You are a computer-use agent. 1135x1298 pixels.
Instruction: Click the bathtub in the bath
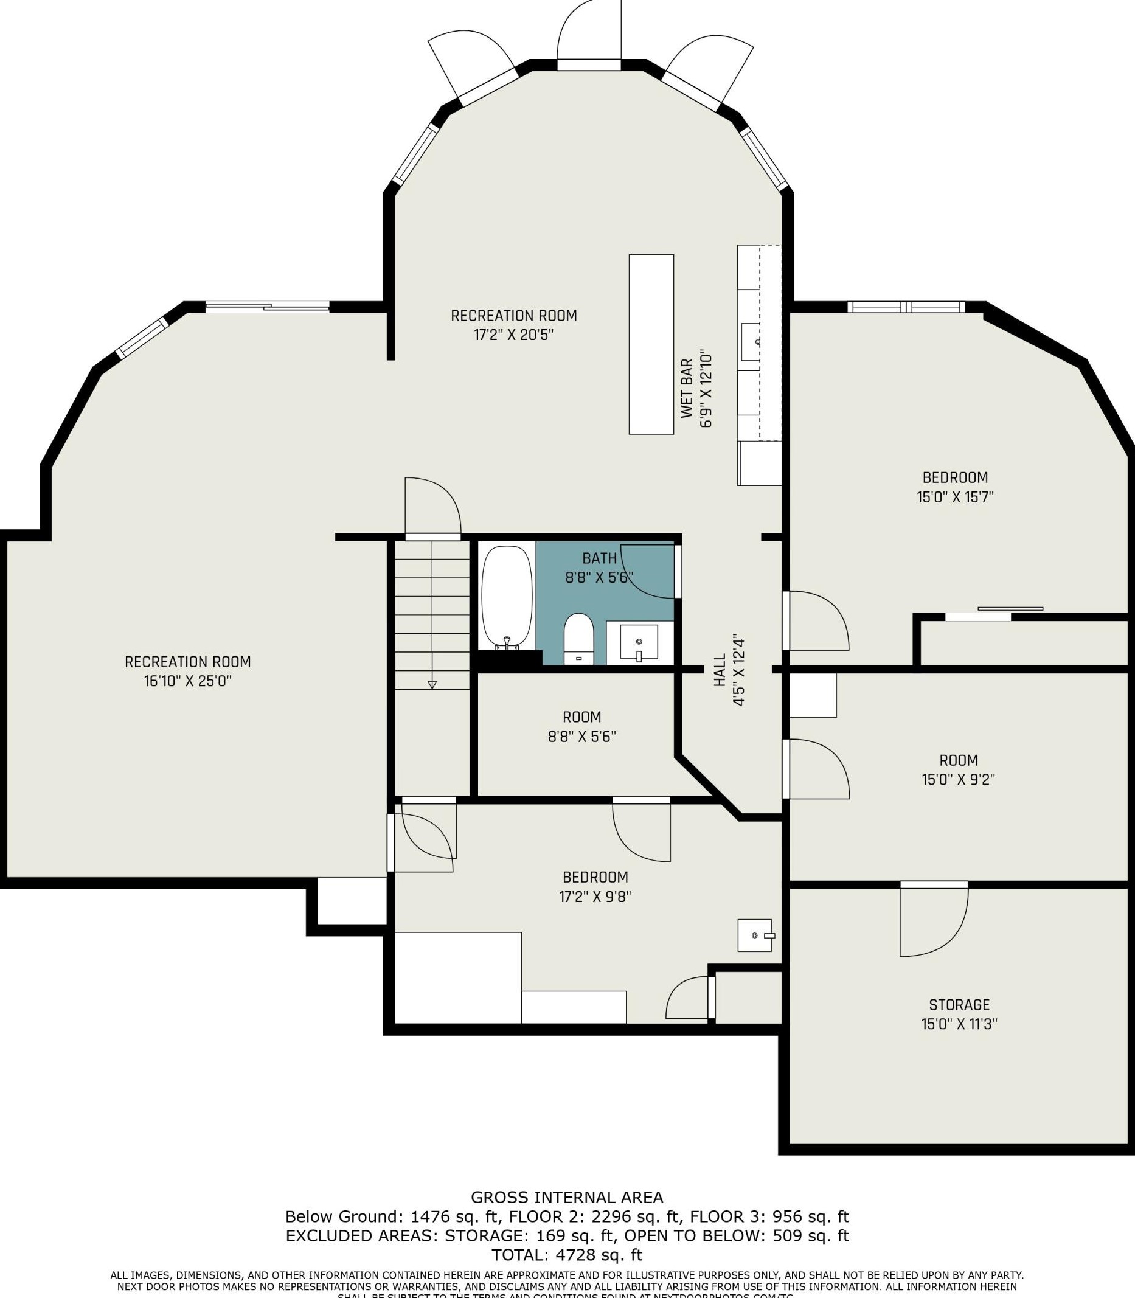507,595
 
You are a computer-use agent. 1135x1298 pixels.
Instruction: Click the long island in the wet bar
650,344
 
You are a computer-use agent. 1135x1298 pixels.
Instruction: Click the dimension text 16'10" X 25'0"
188,682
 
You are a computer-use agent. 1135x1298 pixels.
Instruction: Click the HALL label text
720,670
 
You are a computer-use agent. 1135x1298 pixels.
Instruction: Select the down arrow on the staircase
432,685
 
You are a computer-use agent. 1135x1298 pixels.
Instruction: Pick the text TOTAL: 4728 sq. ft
567,1255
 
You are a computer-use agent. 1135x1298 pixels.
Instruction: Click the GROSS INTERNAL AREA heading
567,1197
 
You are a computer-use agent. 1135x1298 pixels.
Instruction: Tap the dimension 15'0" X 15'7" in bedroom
955,498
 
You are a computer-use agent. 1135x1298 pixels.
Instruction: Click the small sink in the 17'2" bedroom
755,935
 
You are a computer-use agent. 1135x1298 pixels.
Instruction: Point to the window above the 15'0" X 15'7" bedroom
906,307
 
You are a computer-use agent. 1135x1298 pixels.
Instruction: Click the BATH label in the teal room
599,558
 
